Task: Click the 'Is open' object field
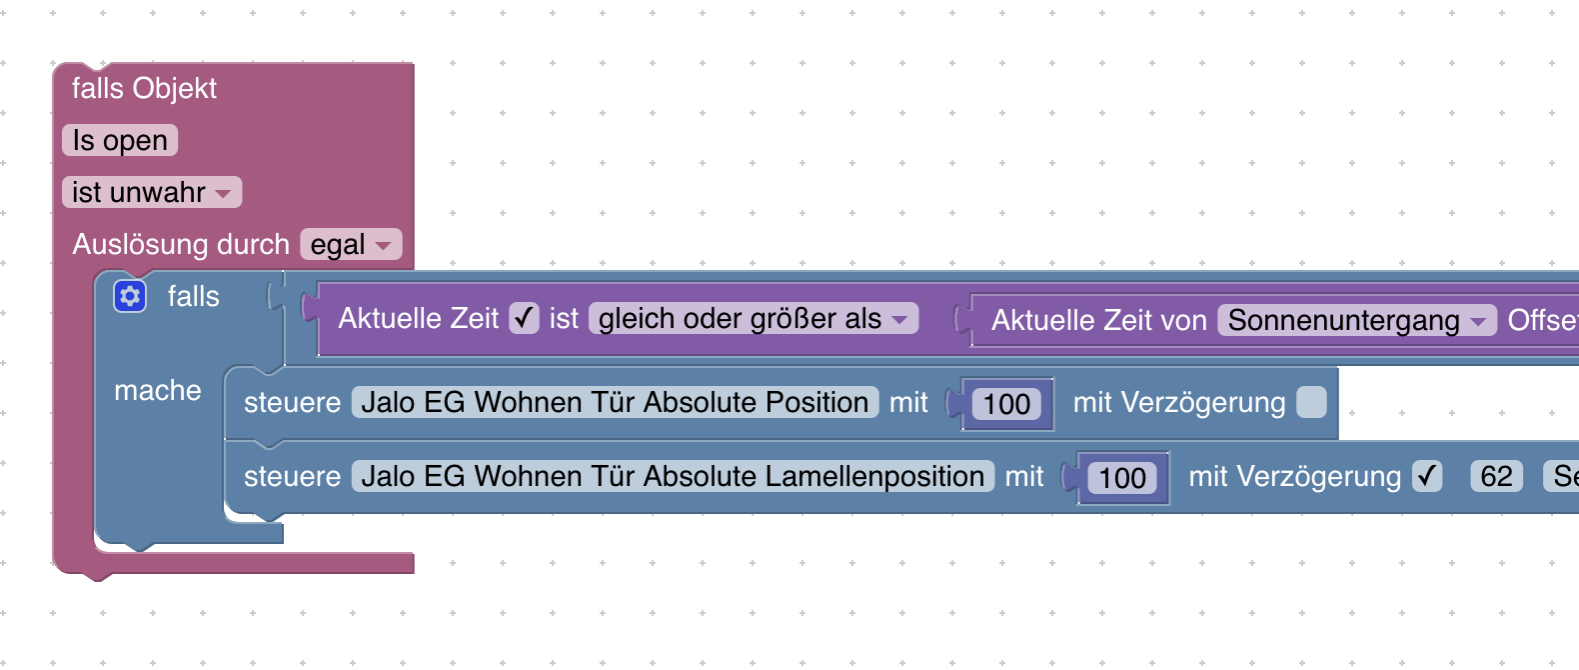tap(120, 140)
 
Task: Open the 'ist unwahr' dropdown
tap(152, 193)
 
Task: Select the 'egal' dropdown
tap(351, 245)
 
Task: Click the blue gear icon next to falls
tap(130, 296)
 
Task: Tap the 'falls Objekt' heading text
tap(144, 88)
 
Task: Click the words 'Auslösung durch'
tap(181, 245)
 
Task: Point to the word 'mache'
tap(158, 390)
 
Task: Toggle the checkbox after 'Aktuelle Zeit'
tap(524, 318)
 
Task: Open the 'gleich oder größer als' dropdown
tap(753, 319)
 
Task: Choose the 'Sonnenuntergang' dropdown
tap(1357, 320)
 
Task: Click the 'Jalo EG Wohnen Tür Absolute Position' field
tap(616, 402)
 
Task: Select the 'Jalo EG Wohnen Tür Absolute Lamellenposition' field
tap(674, 476)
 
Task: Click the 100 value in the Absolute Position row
tap(1006, 404)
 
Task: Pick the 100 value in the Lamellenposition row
tap(1122, 478)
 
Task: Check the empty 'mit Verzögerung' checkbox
tap(1311, 402)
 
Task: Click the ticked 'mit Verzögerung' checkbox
tap(1427, 476)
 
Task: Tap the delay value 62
tap(1496, 476)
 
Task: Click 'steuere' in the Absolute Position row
tap(292, 403)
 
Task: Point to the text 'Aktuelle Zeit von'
tap(1099, 320)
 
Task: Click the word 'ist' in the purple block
tap(564, 318)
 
